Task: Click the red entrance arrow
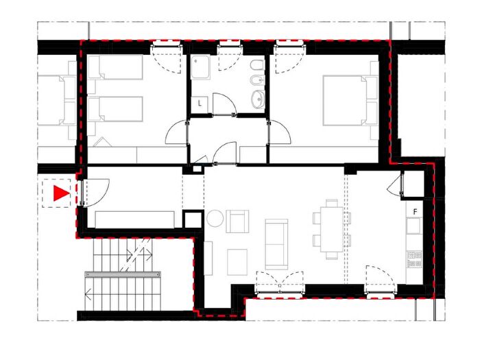[61, 193]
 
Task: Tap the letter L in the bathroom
[200, 104]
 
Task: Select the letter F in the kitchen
[415, 212]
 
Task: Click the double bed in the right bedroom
[345, 101]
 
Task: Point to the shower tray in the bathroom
[200, 67]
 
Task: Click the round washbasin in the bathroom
[258, 99]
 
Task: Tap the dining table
[331, 229]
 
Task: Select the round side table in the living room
[215, 218]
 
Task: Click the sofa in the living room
[276, 244]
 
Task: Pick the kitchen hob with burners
[414, 259]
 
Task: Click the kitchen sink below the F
[414, 226]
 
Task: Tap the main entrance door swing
[96, 193]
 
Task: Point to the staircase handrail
[123, 274]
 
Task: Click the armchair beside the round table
[237, 221]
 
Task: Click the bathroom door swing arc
[224, 104]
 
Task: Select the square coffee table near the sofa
[237, 262]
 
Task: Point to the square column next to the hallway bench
[193, 219]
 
